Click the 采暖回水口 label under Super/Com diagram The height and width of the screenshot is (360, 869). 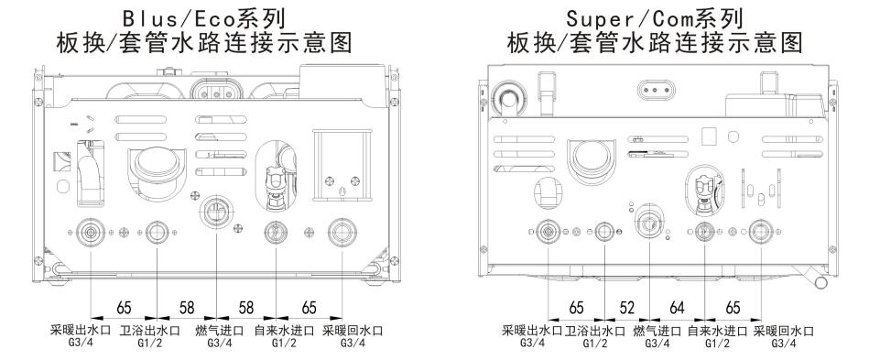click(x=784, y=332)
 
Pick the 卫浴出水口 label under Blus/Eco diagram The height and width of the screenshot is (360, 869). click(x=150, y=332)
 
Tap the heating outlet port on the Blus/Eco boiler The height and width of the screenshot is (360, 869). click(x=91, y=232)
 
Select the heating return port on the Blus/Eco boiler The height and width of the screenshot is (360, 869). click(x=342, y=232)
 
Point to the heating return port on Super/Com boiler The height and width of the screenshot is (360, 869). click(x=761, y=232)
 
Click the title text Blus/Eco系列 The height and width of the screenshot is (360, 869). click(x=204, y=18)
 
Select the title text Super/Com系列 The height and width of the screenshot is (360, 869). click(x=655, y=18)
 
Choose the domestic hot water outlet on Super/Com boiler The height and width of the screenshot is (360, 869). click(x=604, y=232)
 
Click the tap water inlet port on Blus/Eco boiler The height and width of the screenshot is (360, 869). click(x=276, y=232)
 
